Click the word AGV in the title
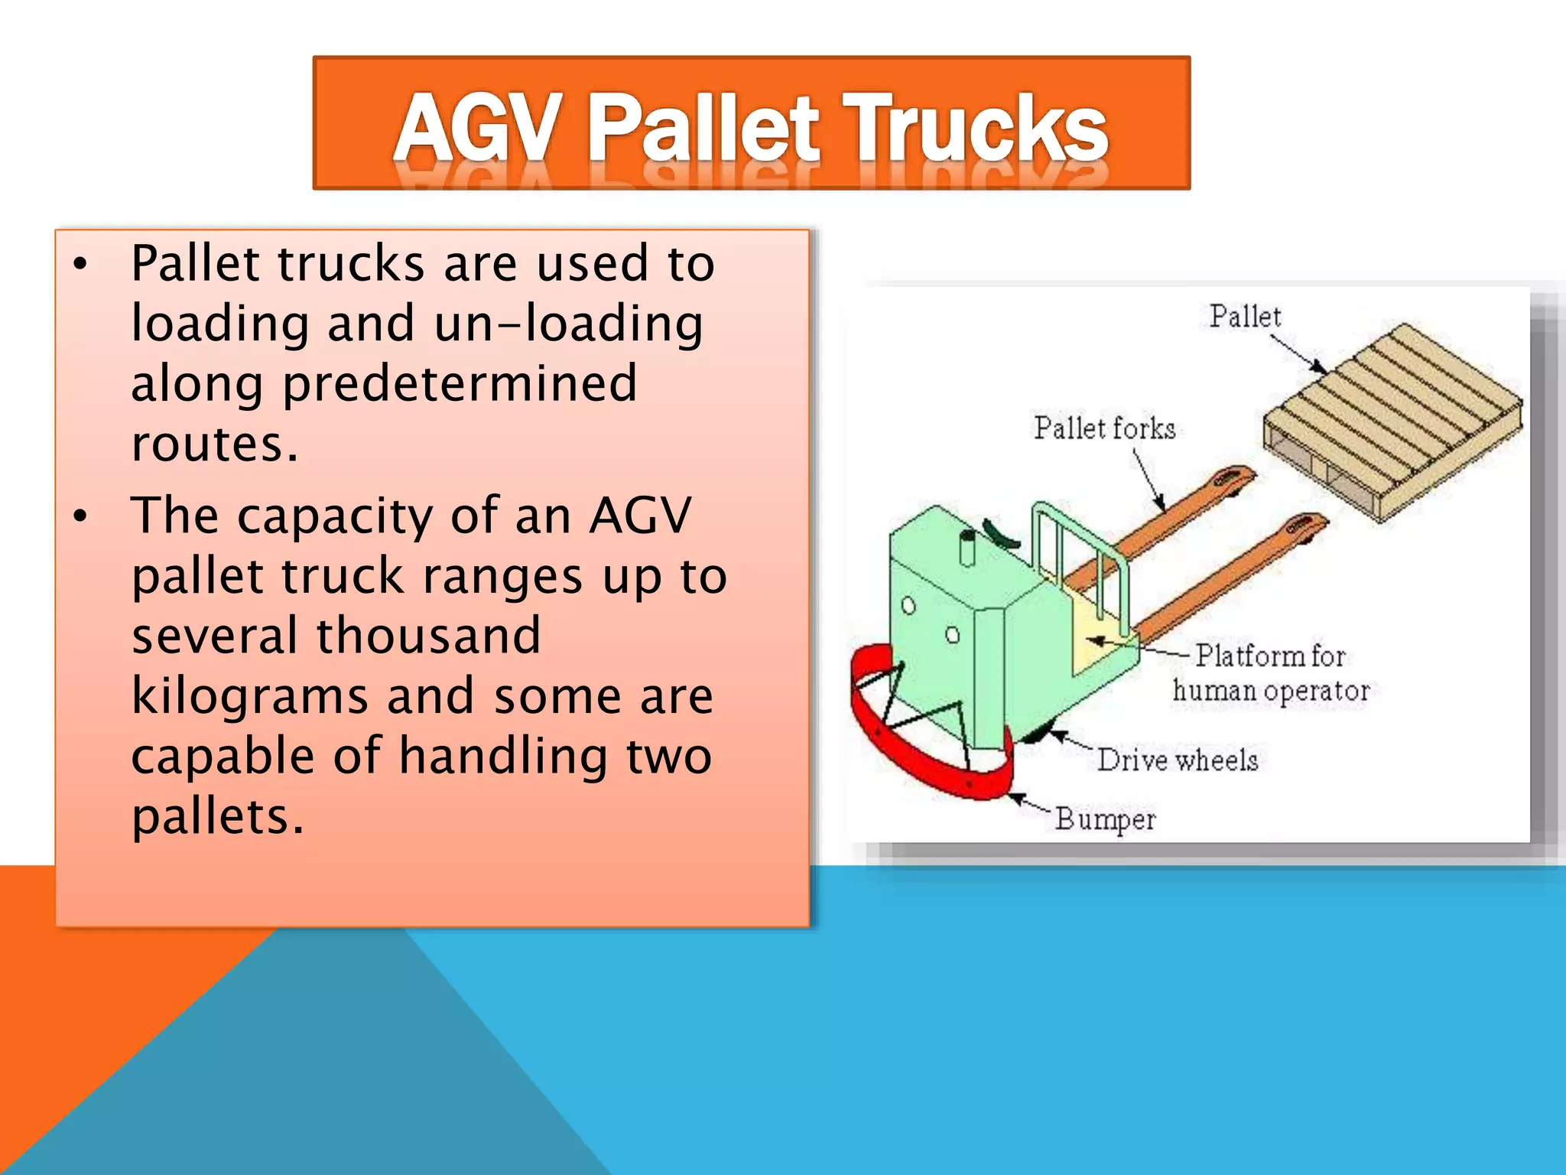click(476, 126)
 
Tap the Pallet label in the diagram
click(1244, 316)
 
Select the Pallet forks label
click(1104, 428)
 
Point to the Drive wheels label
click(1178, 760)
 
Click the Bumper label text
click(1105, 819)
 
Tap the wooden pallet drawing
click(1392, 421)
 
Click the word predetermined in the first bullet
click(460, 383)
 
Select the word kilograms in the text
click(249, 696)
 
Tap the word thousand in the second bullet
click(428, 636)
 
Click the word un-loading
click(568, 324)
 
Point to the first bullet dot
click(80, 265)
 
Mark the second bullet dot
click(80, 517)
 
